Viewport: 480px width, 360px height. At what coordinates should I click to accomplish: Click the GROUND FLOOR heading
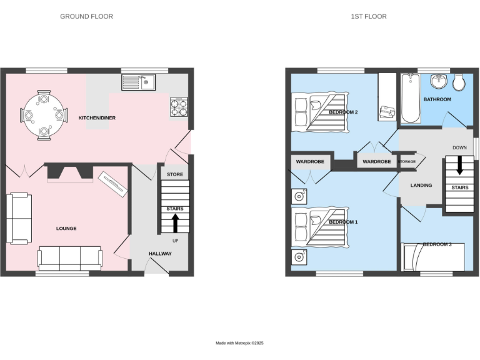pos(86,16)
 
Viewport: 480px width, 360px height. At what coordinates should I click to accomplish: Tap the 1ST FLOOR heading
pos(368,16)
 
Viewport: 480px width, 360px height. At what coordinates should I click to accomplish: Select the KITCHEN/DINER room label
pos(96,117)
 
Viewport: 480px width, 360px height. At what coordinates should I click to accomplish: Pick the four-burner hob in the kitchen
pos(178,107)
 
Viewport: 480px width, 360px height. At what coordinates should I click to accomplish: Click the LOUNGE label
pos(66,229)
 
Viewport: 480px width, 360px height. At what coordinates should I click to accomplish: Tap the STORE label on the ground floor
pos(175,174)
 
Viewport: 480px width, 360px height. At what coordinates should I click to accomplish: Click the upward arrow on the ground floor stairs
pos(175,222)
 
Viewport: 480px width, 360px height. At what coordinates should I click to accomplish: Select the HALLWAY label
pos(160,253)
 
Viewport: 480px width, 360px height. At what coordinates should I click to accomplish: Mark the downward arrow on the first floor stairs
pos(459,164)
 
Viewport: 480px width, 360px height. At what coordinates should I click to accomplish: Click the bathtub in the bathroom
pos(411,98)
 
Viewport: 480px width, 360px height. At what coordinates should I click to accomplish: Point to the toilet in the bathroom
pos(459,83)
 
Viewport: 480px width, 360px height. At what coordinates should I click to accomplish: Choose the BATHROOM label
pos(437,99)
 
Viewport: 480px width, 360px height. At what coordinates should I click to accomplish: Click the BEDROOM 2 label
pos(343,112)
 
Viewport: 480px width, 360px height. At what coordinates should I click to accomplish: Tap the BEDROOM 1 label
pos(343,222)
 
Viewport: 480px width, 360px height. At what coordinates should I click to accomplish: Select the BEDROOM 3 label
pos(437,244)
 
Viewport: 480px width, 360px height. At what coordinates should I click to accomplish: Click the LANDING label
pos(422,186)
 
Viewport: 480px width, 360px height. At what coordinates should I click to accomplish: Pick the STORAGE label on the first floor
pos(407,162)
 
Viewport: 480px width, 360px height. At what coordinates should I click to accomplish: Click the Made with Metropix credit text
pos(240,343)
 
